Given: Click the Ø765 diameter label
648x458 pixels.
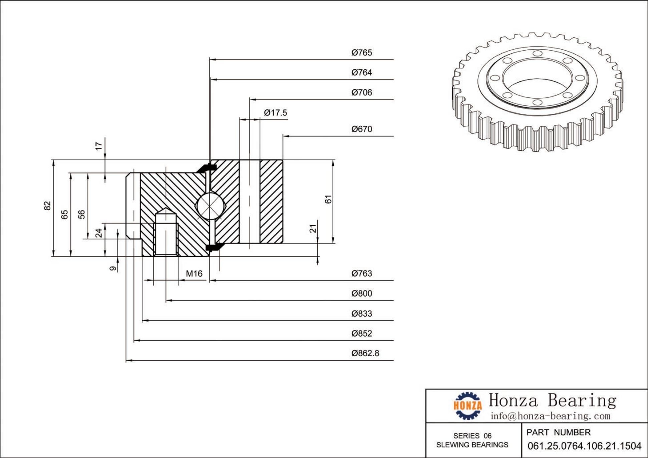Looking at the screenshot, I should (361, 53).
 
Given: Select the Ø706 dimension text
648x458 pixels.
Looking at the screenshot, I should (361, 93).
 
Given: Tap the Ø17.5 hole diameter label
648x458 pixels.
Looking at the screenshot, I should (275, 113).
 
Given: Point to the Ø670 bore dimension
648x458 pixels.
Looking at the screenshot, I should (361, 129).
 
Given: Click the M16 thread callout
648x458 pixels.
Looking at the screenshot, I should (194, 274).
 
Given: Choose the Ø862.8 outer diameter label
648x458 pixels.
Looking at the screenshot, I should (365, 353).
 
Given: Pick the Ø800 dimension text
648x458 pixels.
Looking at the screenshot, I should (361, 294).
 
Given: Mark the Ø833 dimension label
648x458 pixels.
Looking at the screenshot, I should (361, 314).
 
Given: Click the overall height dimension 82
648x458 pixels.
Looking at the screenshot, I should (47, 205).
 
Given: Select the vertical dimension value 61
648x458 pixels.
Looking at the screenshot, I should (328, 199).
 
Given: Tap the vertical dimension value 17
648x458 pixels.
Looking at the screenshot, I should (99, 146).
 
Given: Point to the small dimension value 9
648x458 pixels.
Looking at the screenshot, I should (113, 268).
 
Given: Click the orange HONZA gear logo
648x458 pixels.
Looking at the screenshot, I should (467, 406).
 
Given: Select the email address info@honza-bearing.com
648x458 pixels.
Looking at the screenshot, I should (550, 416).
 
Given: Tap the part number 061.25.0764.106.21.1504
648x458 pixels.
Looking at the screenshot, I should (584, 446).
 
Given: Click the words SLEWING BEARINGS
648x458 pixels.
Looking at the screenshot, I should (472, 445).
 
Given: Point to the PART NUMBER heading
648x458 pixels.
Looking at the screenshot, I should (558, 433).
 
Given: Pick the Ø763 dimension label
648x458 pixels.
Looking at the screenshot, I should (361, 274).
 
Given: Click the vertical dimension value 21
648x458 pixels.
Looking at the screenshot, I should (313, 228).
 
